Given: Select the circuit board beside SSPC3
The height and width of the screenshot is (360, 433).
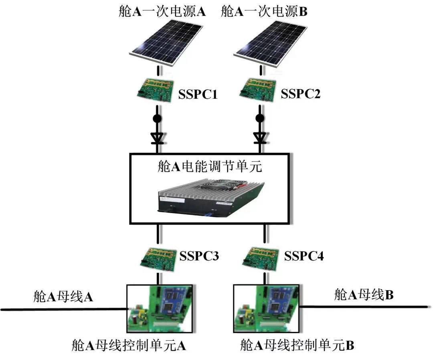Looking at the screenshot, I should (157, 257).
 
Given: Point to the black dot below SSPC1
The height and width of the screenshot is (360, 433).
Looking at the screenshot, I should (157, 119).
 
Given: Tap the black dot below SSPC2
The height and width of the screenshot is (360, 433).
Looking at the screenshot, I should (260, 118).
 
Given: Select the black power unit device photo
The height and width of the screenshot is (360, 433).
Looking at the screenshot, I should (210, 197).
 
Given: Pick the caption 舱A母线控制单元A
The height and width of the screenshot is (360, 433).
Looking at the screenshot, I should (128, 345).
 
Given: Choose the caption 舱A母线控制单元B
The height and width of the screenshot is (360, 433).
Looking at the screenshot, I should (297, 345).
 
